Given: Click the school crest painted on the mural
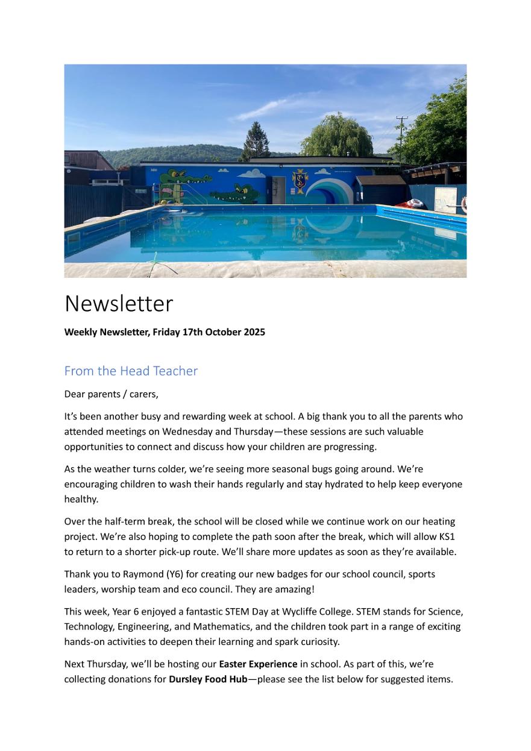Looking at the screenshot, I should click(300, 181).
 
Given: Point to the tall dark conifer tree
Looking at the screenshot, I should click(256, 142).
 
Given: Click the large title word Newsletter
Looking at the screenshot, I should click(119, 303).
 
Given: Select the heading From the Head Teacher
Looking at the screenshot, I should click(131, 371).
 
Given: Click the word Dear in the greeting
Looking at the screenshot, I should click(75, 395).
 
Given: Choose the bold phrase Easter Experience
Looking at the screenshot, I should click(258, 664).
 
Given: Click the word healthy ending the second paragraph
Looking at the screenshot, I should click(81, 499).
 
